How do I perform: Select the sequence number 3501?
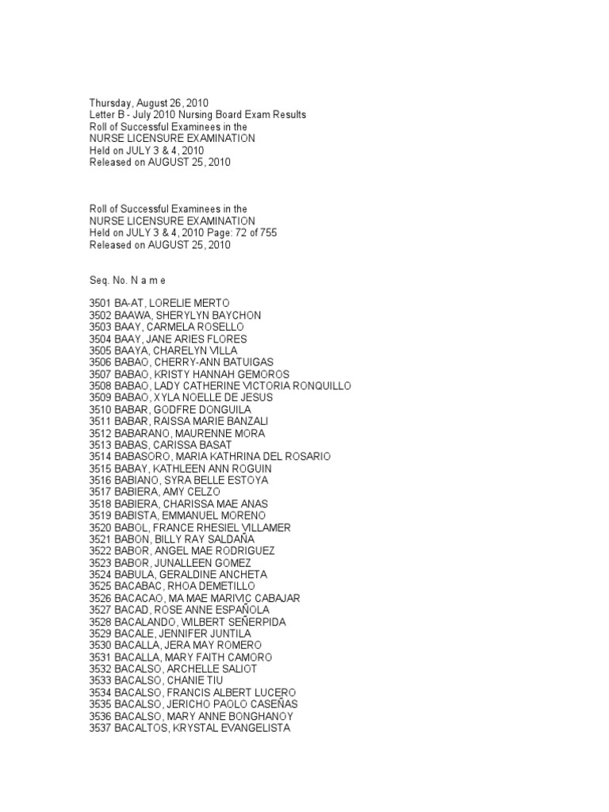pos(100,304)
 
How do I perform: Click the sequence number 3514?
pos(100,457)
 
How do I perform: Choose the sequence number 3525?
pos(100,586)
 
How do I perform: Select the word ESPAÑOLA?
pos(241,610)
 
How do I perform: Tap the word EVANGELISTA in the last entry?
pos(252,728)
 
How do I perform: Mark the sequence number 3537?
pos(100,728)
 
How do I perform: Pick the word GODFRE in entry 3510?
pos(173,410)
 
